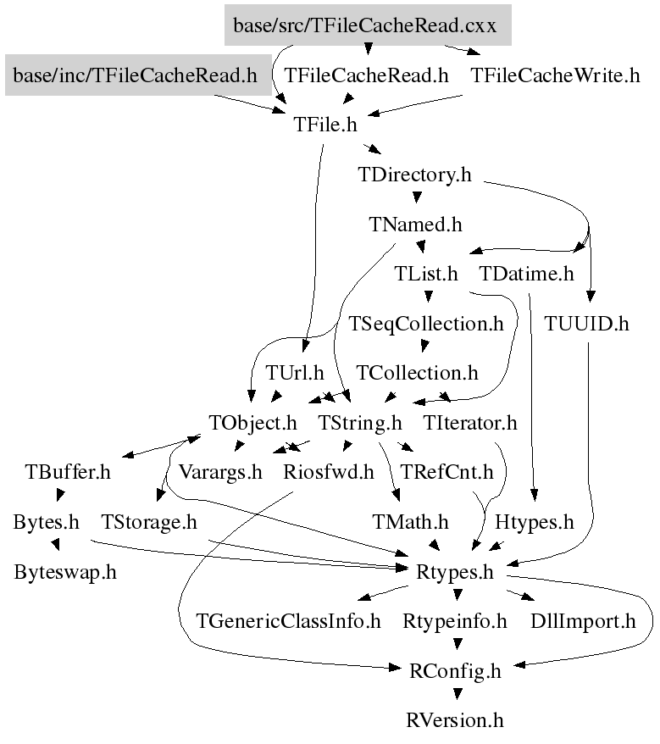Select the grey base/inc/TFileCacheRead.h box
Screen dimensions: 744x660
tap(134, 76)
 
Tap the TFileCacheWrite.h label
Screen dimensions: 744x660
tap(555, 76)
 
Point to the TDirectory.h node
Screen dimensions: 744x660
tap(414, 175)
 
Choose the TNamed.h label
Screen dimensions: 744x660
tap(415, 225)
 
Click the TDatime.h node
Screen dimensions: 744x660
tap(526, 275)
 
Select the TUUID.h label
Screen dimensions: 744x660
tap(587, 324)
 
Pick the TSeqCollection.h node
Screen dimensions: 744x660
tap(426, 324)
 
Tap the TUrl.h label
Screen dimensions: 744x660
tap(295, 373)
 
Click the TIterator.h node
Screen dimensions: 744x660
tap(470, 422)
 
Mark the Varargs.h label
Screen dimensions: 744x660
tap(220, 472)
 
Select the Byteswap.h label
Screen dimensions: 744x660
tap(65, 572)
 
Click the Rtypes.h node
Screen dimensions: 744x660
tap(454, 572)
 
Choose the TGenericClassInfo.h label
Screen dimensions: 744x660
tap(289, 622)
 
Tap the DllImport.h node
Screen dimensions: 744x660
tap(582, 622)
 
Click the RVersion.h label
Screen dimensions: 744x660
tap(455, 721)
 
